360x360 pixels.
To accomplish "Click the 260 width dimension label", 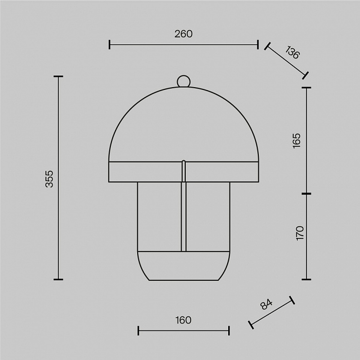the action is click(183, 34).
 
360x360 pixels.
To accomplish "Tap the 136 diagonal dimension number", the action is click(292, 53).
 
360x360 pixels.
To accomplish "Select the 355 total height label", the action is click(49, 179).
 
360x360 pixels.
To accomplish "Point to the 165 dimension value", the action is click(297, 141).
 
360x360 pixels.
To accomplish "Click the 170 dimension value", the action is click(300, 233).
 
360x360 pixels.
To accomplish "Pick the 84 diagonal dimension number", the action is click(266, 305).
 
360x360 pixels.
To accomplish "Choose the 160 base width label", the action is click(183, 320).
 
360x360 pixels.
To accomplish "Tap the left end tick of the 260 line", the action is click(109, 44).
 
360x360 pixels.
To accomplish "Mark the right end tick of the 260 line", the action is click(258, 44).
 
